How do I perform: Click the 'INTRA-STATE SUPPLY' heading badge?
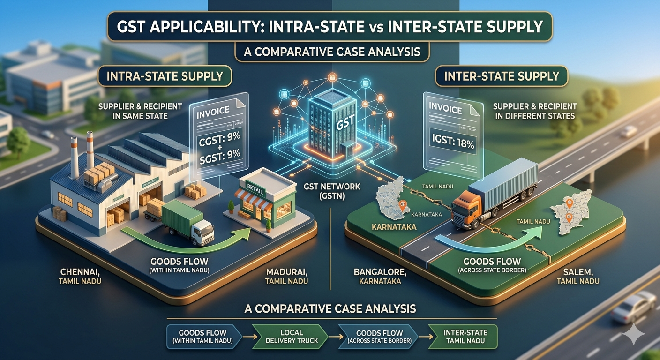coord(165,77)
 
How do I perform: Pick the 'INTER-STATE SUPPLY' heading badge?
coord(502,76)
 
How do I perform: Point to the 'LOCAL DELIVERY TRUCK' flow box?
coord(291,337)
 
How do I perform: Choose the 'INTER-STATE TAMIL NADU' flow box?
coord(465,337)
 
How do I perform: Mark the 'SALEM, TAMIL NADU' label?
coord(578,276)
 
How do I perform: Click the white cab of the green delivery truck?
coord(202,230)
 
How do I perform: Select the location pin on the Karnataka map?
coord(401,205)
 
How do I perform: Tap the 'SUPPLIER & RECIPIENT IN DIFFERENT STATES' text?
coord(534,111)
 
